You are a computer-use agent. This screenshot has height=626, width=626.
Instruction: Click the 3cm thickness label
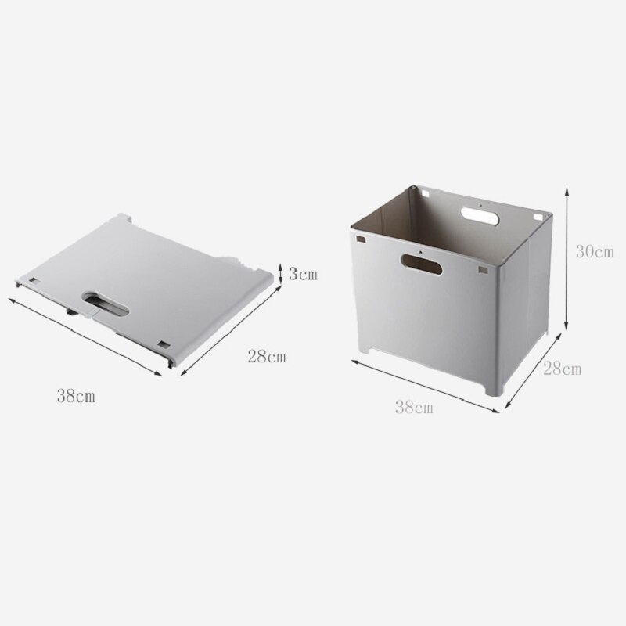[304, 274]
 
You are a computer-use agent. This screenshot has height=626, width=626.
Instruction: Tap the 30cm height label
[594, 251]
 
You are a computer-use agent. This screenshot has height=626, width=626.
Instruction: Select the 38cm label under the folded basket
[76, 397]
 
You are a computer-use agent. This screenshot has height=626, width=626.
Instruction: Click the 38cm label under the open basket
[414, 407]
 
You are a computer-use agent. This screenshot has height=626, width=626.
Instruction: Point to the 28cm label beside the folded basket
[267, 358]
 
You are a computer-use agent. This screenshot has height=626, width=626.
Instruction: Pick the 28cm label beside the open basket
[562, 369]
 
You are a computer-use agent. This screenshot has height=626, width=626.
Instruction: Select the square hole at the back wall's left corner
[423, 190]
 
